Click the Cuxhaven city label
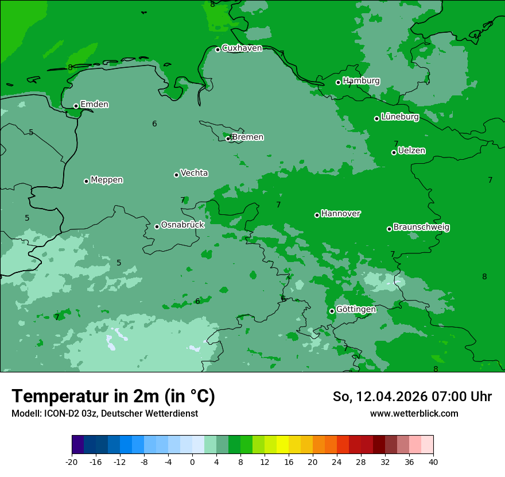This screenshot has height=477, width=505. coord(242,48)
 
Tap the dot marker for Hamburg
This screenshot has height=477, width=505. coord(339,82)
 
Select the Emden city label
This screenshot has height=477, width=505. coord(94,105)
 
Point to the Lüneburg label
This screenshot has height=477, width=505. coord(399,117)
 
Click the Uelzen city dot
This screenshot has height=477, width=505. coord(394,152)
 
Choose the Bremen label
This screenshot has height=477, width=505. coord(247,137)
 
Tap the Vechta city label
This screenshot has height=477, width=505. coord(194,173)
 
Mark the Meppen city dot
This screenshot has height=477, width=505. coord(87,181)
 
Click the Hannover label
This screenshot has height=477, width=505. coord(340,214)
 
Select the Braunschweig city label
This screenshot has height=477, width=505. coord(421,228)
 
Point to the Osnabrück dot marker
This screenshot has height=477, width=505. coord(157,226)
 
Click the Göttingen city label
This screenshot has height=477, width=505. coord(356,310)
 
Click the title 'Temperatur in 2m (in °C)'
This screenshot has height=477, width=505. coord(113,396)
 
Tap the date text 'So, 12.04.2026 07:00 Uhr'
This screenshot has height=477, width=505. coord(412,397)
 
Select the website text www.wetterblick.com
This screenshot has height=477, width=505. coord(414,414)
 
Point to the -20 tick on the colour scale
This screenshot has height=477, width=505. coord(72,461)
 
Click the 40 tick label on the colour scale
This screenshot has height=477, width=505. coord(433,461)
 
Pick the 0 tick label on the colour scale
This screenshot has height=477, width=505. coord(192,461)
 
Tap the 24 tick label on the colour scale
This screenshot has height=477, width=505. coord(337,461)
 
